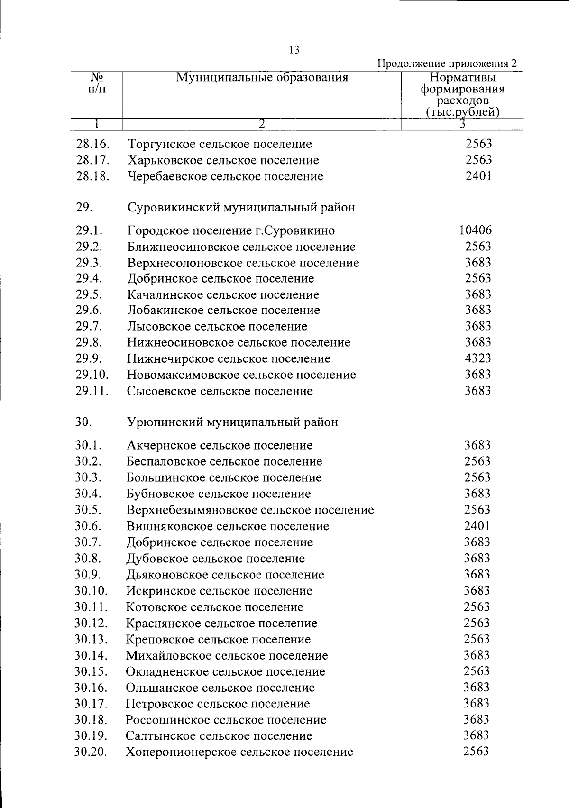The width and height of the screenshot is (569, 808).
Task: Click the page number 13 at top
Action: tap(294, 50)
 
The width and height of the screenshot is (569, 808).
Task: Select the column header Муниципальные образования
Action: tap(262, 77)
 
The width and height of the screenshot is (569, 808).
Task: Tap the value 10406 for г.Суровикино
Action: tap(475, 230)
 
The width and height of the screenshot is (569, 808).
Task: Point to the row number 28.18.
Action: tap(93, 176)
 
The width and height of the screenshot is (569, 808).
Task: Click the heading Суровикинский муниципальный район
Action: tap(241, 207)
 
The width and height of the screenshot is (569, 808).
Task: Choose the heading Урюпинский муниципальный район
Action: tap(232, 422)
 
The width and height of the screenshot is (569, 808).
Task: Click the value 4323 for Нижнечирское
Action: tap(478, 358)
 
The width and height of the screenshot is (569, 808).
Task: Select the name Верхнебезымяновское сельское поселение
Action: tap(250, 510)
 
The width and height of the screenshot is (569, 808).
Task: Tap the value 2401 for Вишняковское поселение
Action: tap(477, 526)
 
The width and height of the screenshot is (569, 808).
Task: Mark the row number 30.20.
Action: tap(91, 752)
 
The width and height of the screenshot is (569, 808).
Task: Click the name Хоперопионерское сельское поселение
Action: tap(239, 752)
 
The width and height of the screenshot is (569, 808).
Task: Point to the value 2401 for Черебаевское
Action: tap(478, 176)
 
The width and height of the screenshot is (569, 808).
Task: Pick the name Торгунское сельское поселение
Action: tap(220, 144)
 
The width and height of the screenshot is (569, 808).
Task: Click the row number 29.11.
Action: tap(92, 391)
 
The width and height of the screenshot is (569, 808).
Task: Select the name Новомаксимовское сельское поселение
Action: tap(241, 375)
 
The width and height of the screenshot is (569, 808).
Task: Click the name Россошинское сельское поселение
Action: tap(226, 720)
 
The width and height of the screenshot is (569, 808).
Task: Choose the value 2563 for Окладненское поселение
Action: tap(477, 671)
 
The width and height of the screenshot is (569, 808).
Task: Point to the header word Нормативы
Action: tap(462, 78)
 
